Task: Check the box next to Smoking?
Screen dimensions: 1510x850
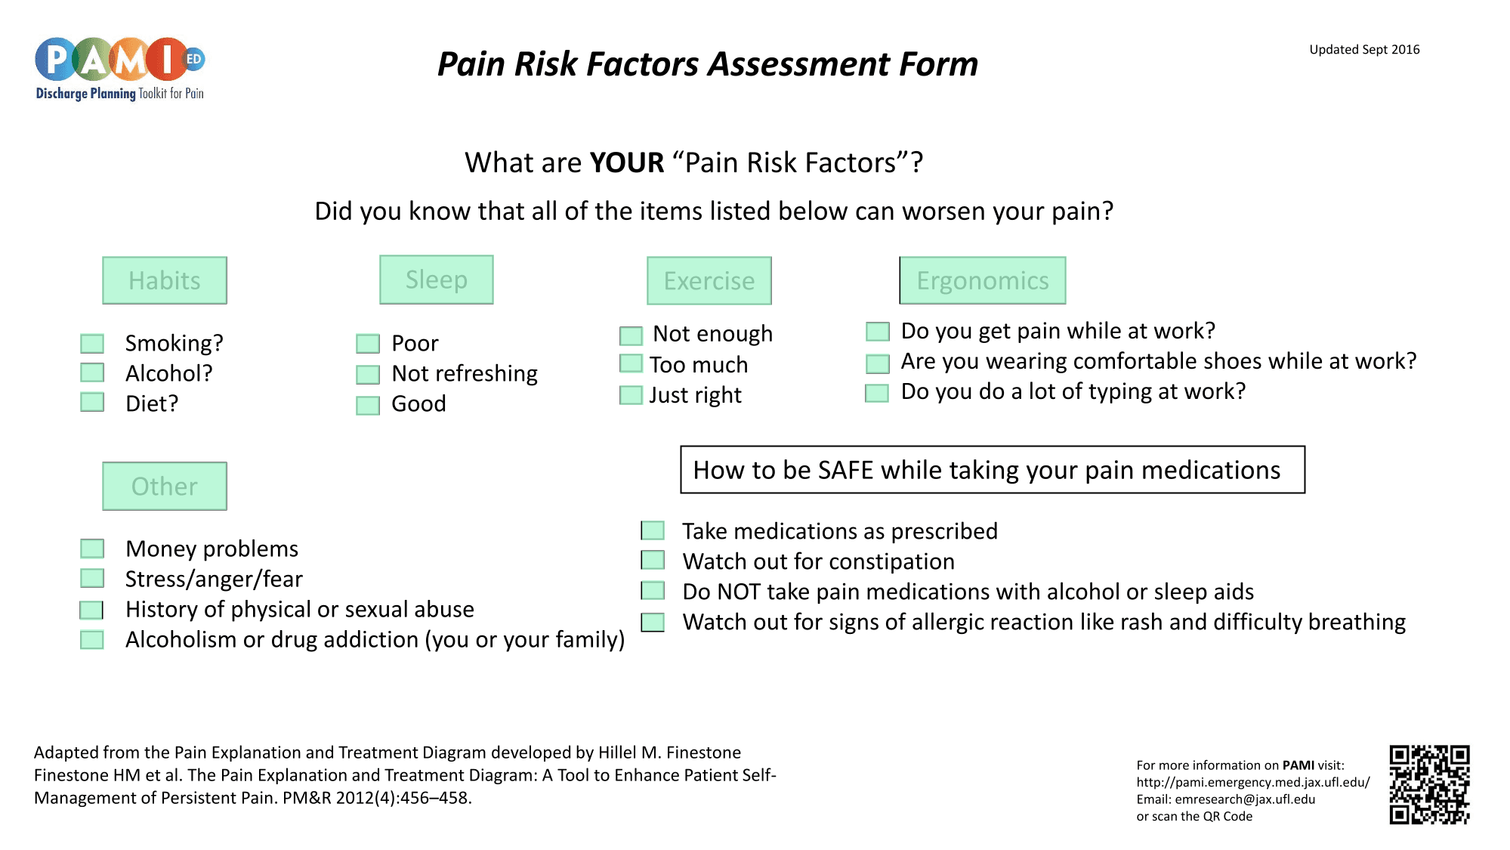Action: (92, 344)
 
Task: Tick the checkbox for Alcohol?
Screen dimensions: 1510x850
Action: (92, 372)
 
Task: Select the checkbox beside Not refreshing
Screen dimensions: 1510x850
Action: (368, 375)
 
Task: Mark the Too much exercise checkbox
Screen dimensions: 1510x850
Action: (631, 364)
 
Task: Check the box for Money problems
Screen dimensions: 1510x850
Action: (92, 549)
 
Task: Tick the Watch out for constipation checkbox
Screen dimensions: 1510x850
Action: (653, 561)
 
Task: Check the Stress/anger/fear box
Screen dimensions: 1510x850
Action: (92, 579)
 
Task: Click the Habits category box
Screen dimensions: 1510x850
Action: (165, 280)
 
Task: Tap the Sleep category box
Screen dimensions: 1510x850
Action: (437, 280)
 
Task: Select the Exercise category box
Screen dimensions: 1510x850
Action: (709, 281)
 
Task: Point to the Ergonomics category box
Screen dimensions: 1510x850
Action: (983, 280)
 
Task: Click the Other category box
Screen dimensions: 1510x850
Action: (165, 486)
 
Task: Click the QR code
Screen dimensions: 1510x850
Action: (1430, 785)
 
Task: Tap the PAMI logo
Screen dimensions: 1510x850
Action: (120, 69)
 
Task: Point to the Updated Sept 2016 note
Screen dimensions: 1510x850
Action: (1364, 50)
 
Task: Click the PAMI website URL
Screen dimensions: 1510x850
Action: (1253, 783)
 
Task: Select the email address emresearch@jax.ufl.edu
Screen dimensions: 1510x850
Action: (1245, 799)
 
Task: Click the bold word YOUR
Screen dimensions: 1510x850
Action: (626, 163)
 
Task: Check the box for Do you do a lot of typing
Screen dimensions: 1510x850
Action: (877, 393)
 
